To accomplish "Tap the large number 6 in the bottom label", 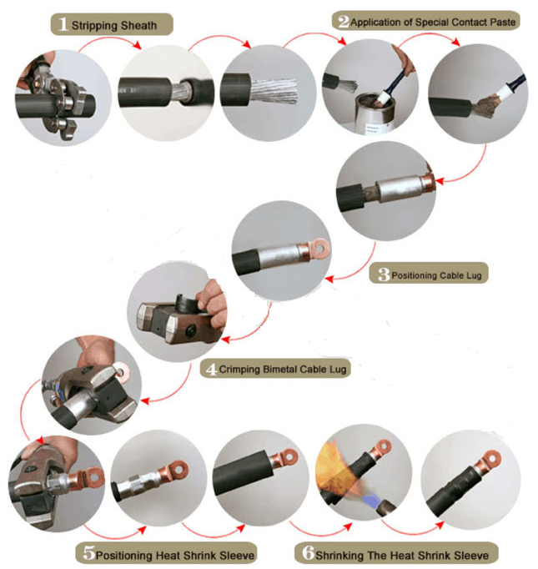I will coord(307,552).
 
